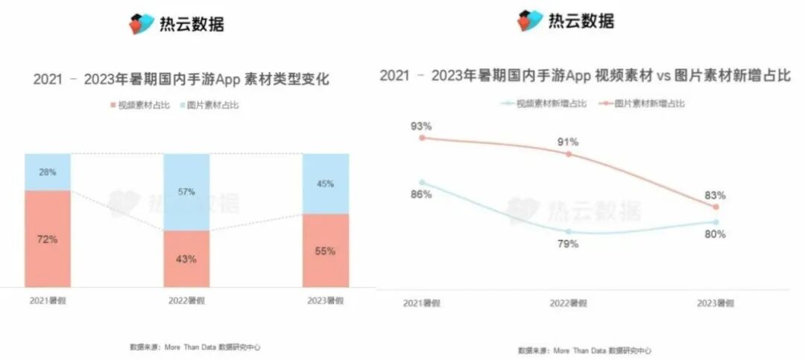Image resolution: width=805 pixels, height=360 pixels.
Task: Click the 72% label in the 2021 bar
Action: [x=48, y=239]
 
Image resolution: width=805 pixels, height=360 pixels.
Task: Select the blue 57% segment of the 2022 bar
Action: [x=186, y=192]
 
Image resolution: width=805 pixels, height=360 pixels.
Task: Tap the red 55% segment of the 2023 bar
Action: [x=325, y=250]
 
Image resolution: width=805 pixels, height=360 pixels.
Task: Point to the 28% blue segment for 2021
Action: [x=48, y=172]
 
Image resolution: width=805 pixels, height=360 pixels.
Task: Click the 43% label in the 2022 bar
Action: [x=186, y=259]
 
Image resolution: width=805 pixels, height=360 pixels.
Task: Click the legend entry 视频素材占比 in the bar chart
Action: [x=141, y=105]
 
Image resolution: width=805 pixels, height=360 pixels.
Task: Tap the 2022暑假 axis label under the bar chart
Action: [x=186, y=300]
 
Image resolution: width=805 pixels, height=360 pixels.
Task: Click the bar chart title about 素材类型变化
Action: [x=181, y=79]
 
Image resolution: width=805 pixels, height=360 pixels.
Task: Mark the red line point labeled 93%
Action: [x=422, y=137]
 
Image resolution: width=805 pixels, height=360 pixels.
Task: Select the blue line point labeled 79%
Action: [x=568, y=231]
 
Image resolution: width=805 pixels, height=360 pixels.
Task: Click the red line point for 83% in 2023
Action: [x=716, y=206]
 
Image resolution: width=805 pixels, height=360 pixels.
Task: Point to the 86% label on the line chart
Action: [x=422, y=195]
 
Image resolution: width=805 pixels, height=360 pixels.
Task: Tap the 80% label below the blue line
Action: [x=716, y=234]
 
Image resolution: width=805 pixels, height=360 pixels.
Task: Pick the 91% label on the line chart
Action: [x=569, y=142]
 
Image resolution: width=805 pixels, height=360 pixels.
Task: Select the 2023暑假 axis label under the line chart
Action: [x=716, y=303]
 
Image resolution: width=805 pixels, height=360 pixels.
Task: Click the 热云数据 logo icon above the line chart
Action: [x=530, y=20]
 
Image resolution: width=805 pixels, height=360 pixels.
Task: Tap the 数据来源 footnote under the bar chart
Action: [x=195, y=347]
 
